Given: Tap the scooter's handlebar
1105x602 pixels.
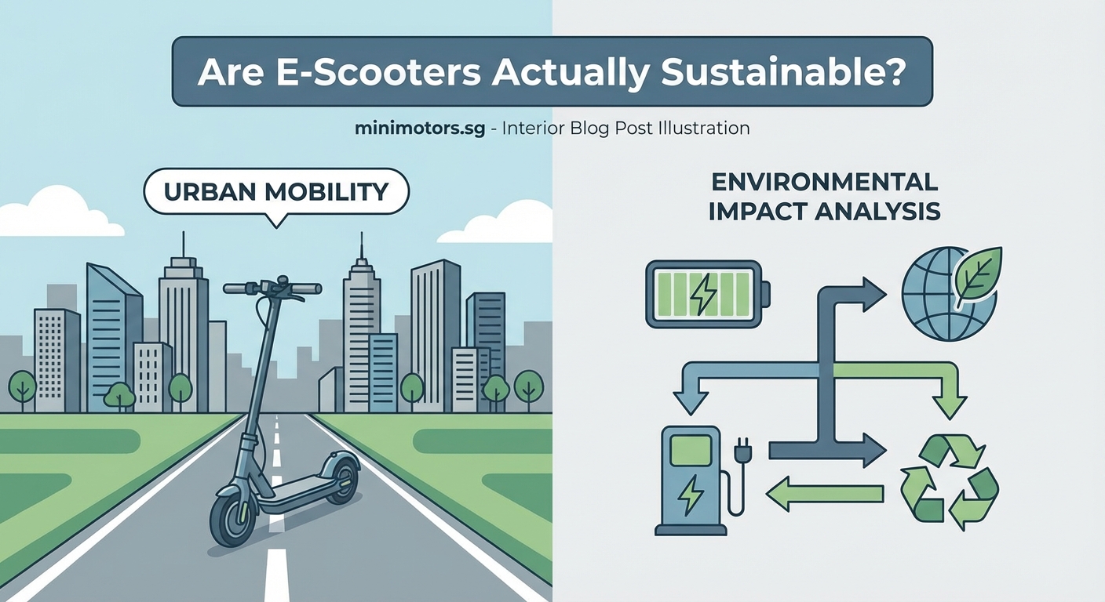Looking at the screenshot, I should click(x=272, y=288).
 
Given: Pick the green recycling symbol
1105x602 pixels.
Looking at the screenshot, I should click(x=949, y=479).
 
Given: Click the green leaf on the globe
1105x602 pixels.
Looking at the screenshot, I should click(x=976, y=274).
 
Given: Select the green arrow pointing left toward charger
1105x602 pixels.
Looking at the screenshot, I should click(x=823, y=493).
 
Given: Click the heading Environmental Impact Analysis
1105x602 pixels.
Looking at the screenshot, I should click(x=824, y=197).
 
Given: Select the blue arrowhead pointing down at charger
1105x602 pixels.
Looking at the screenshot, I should click(x=691, y=401).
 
